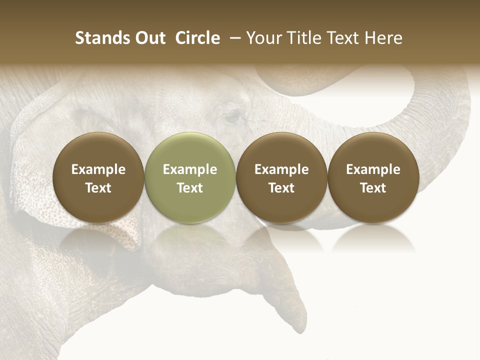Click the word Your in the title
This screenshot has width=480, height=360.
pyautogui.click(x=263, y=38)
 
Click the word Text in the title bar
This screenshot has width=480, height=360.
pyautogui.click(x=344, y=38)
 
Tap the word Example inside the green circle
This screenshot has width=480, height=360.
pyautogui.click(x=190, y=169)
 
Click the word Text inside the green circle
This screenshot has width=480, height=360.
pyautogui.click(x=190, y=188)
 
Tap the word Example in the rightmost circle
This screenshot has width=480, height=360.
pyautogui.click(x=373, y=169)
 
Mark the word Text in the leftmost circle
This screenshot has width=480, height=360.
pyautogui.click(x=98, y=188)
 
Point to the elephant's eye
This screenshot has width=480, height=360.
pyautogui.click(x=232, y=116)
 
